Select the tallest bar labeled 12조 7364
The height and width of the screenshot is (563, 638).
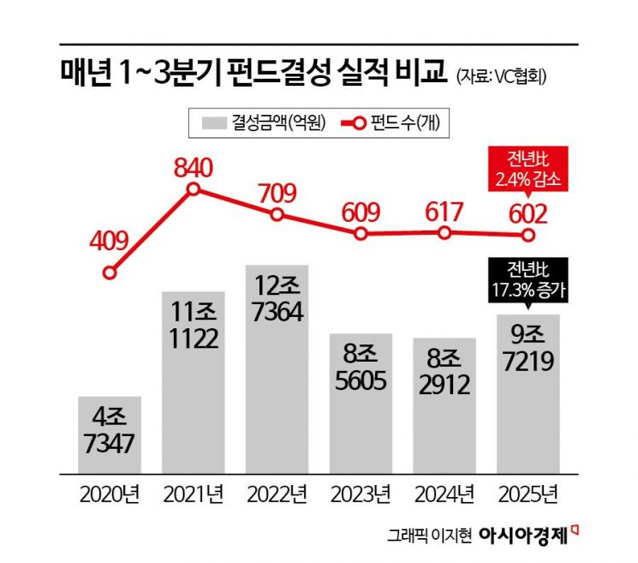[277, 368]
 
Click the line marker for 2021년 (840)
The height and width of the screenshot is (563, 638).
[194, 189]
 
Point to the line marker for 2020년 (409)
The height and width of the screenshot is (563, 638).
[110, 273]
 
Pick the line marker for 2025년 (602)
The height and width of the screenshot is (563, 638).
[528, 234]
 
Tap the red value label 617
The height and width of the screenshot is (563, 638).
[444, 212]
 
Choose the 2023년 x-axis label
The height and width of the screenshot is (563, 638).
[361, 494]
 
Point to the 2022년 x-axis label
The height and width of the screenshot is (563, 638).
[277, 494]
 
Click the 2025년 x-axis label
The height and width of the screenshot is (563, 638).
[528, 494]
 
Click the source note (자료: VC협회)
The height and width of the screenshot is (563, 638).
[501, 75]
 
